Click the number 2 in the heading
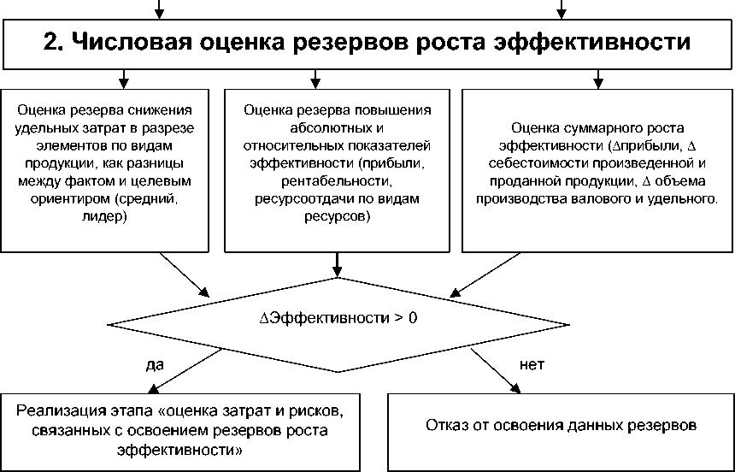pyautogui.click(x=51, y=43)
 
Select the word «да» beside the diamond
pyautogui.click(x=155, y=364)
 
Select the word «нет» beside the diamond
pyautogui.click(x=532, y=364)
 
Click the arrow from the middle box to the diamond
pyautogui.click(x=338, y=264)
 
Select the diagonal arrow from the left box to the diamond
pyautogui.click(x=184, y=274)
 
